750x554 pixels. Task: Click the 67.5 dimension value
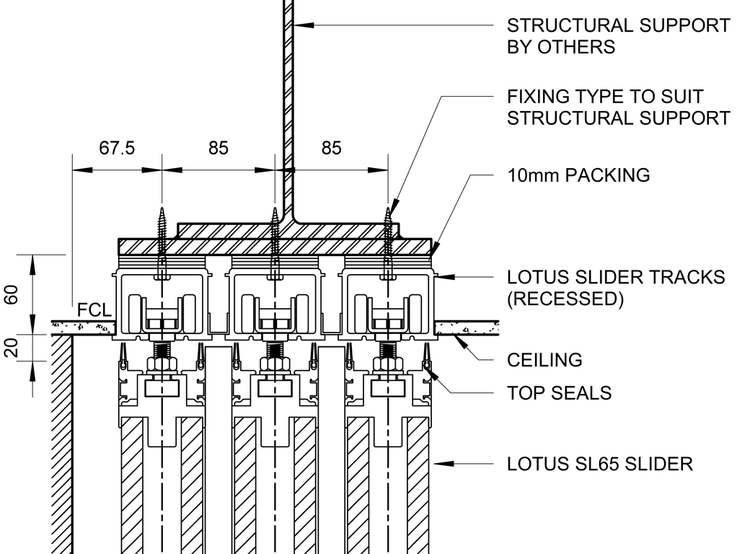pos(117,148)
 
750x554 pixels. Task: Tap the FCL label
pos(94,311)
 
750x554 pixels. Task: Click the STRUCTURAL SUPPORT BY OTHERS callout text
pos(618,36)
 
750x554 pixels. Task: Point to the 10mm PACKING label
pos(578,175)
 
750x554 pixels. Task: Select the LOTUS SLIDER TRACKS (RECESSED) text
pos(616,288)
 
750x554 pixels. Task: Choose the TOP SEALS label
pos(559,393)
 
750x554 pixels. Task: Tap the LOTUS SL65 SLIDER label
pos(599,463)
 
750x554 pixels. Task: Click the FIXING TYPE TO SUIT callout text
pos(618,107)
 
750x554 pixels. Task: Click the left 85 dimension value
pos(219,148)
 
